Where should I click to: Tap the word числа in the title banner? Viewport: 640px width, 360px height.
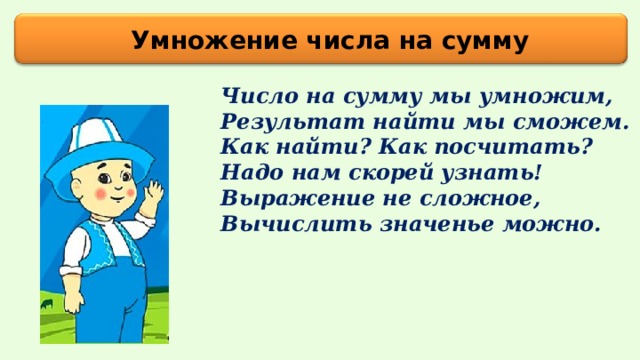click(307, 41)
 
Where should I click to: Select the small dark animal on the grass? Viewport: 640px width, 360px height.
click(47, 299)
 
